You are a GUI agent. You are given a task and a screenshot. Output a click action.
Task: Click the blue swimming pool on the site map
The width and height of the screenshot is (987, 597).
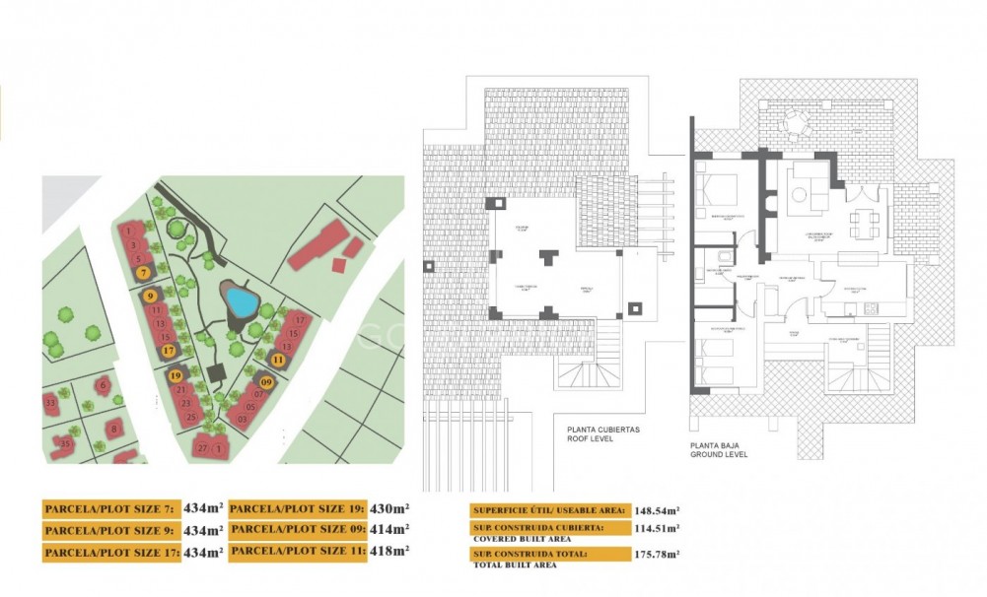pyautogui.click(x=237, y=298)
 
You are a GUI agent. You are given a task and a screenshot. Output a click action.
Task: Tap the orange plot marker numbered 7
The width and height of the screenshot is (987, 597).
pyautogui.click(x=144, y=271)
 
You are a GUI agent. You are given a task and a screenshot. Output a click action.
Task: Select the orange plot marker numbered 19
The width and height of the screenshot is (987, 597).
pyautogui.click(x=176, y=374)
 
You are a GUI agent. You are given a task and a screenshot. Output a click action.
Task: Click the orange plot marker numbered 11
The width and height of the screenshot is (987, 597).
pyautogui.click(x=278, y=360)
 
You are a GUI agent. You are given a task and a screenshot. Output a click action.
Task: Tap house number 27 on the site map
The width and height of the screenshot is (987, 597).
pyautogui.click(x=203, y=448)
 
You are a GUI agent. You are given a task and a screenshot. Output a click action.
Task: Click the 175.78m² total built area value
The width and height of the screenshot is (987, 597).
pyautogui.click(x=658, y=557)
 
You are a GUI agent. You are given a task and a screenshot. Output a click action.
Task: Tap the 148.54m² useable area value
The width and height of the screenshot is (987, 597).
pyautogui.click(x=658, y=510)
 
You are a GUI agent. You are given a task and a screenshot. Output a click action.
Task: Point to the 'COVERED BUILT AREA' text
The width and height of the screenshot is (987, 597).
pyautogui.click(x=520, y=540)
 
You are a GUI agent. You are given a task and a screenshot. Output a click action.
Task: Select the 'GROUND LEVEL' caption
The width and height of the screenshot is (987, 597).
pyautogui.click(x=746, y=454)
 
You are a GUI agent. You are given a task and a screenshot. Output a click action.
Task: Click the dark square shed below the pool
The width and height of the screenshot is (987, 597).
pyautogui.click(x=218, y=372)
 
